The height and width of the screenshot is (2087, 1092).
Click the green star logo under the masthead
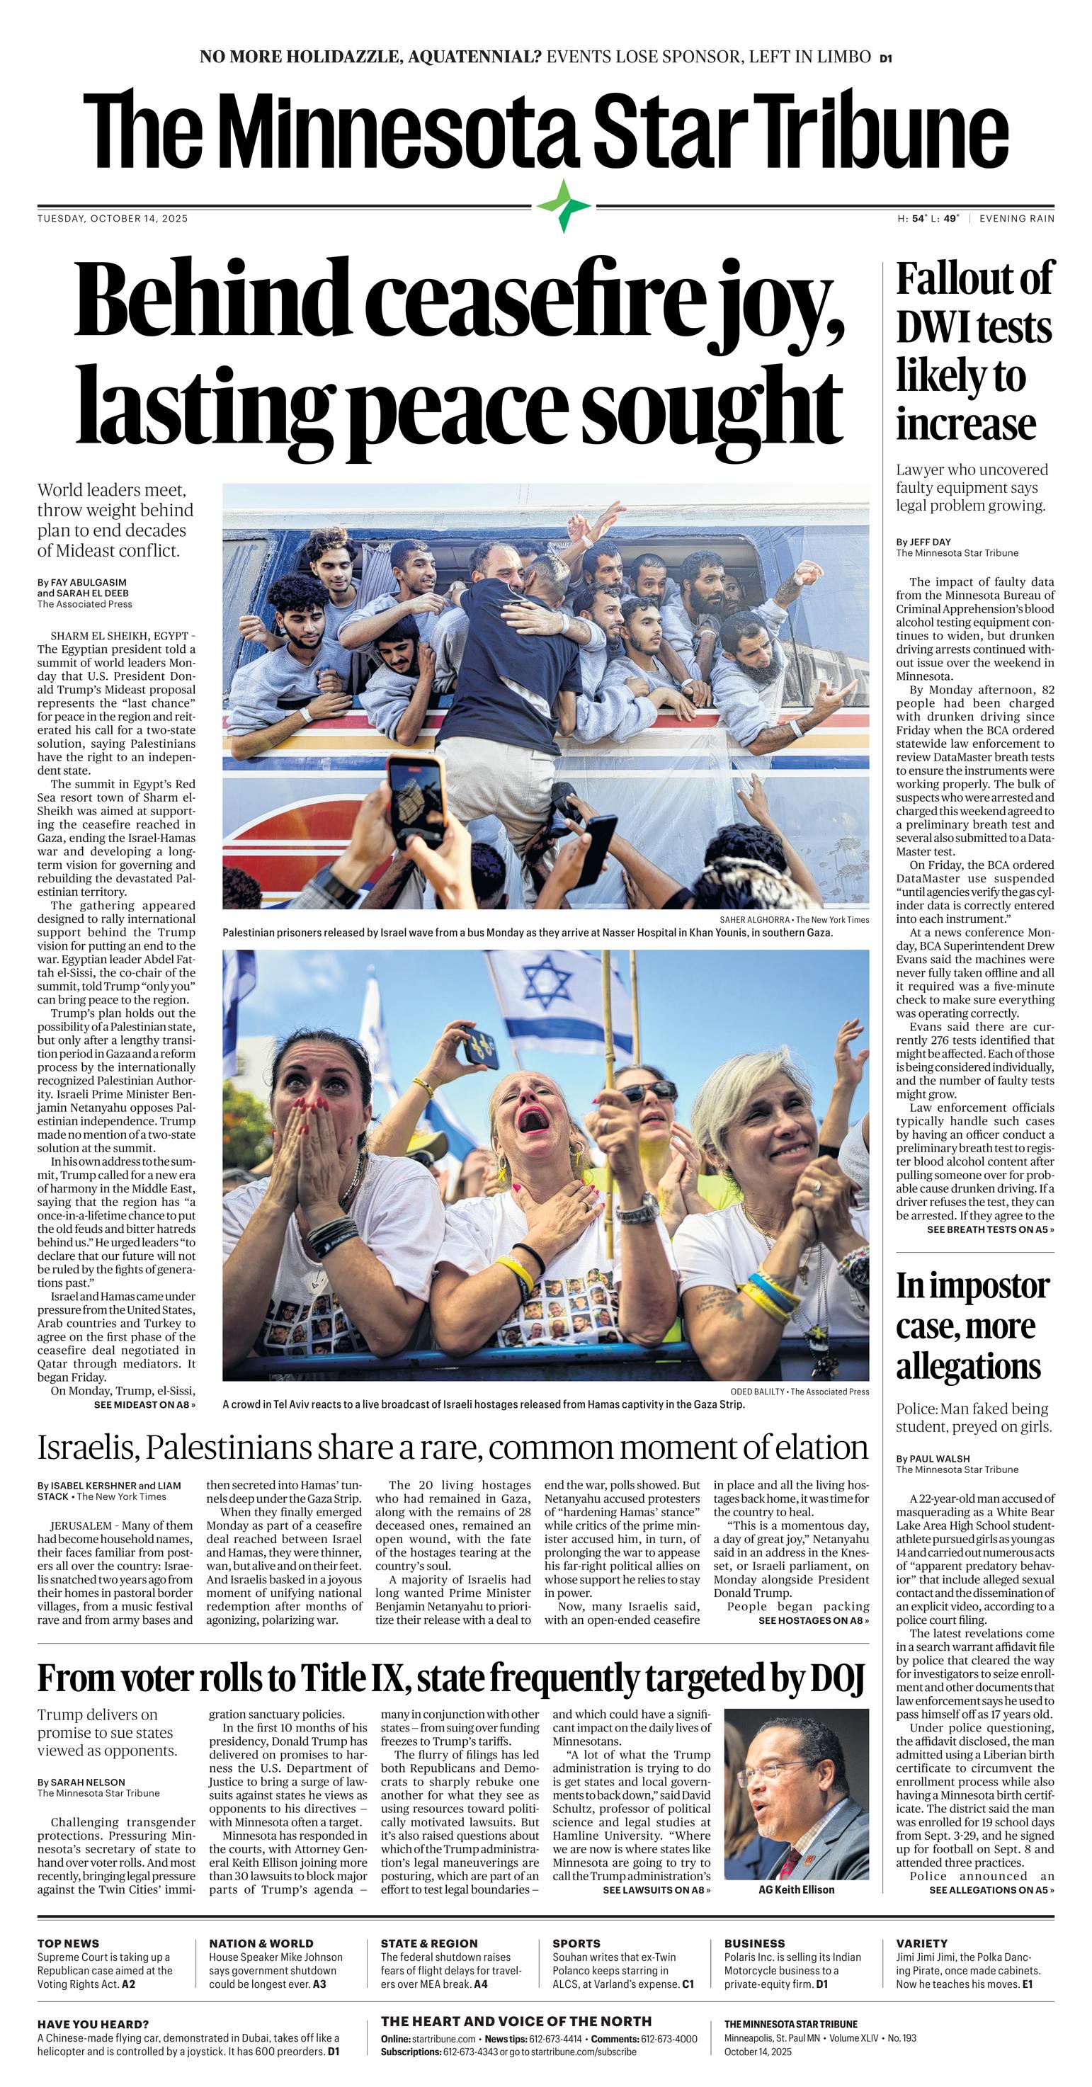click(x=564, y=206)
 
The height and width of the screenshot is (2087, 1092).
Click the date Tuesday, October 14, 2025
click(x=113, y=219)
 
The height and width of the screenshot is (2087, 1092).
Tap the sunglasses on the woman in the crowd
click(x=649, y=1092)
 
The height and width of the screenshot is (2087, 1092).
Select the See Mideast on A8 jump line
click(x=144, y=1404)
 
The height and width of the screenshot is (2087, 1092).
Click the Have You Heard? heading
click(x=93, y=2024)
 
